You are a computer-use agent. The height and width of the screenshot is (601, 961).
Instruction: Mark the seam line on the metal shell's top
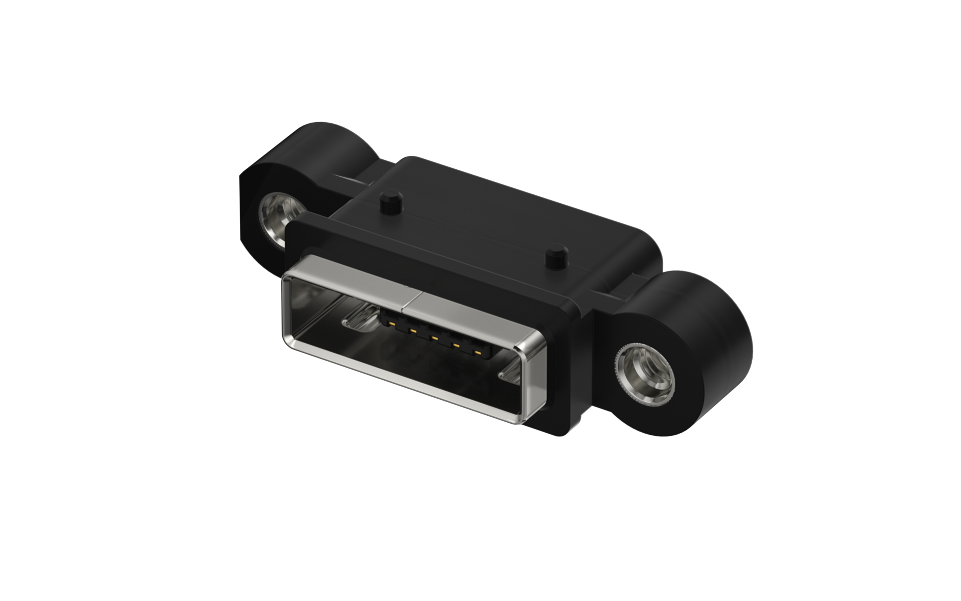coord(411,299)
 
